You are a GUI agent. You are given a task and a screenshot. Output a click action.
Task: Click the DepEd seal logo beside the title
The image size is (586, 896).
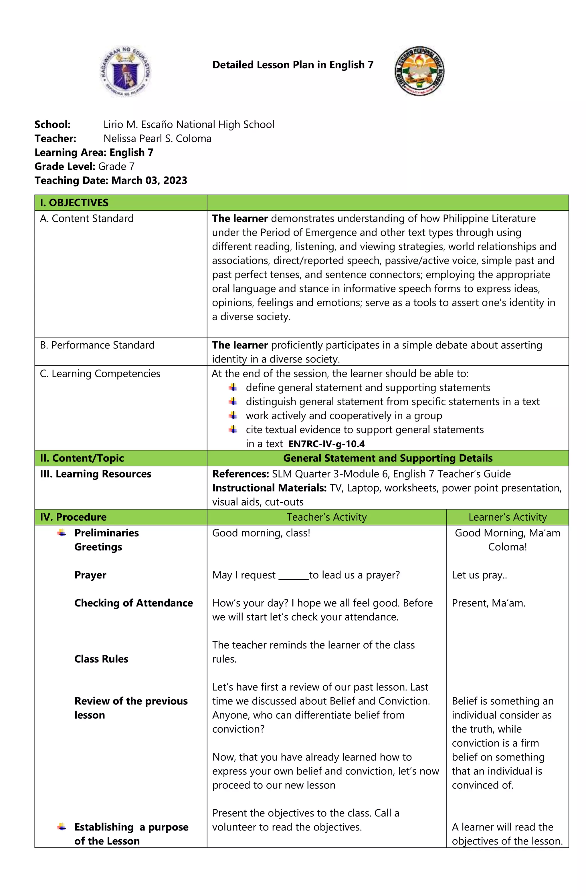pos(126,72)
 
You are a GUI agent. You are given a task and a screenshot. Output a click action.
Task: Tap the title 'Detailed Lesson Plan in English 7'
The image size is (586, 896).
pos(293,65)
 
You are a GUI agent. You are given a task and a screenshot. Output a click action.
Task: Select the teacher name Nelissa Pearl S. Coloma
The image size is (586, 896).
pos(157,138)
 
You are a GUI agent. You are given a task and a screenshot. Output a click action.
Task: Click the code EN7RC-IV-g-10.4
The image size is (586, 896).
pos(326,444)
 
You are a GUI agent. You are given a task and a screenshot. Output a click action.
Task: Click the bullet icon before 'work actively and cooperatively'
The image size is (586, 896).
pos(233,415)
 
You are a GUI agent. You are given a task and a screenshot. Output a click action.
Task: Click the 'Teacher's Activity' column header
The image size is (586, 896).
pos(326,517)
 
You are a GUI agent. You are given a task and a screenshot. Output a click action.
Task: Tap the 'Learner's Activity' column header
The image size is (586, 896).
pos(507,517)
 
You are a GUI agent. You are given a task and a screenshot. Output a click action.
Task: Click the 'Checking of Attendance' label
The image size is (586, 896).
pos(133,603)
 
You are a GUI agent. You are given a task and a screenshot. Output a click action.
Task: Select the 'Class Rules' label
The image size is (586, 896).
pos(101,659)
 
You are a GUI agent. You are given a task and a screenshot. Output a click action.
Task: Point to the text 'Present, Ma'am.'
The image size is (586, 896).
pos(488,603)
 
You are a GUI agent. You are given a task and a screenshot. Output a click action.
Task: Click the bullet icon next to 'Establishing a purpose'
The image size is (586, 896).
pos(62,827)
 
